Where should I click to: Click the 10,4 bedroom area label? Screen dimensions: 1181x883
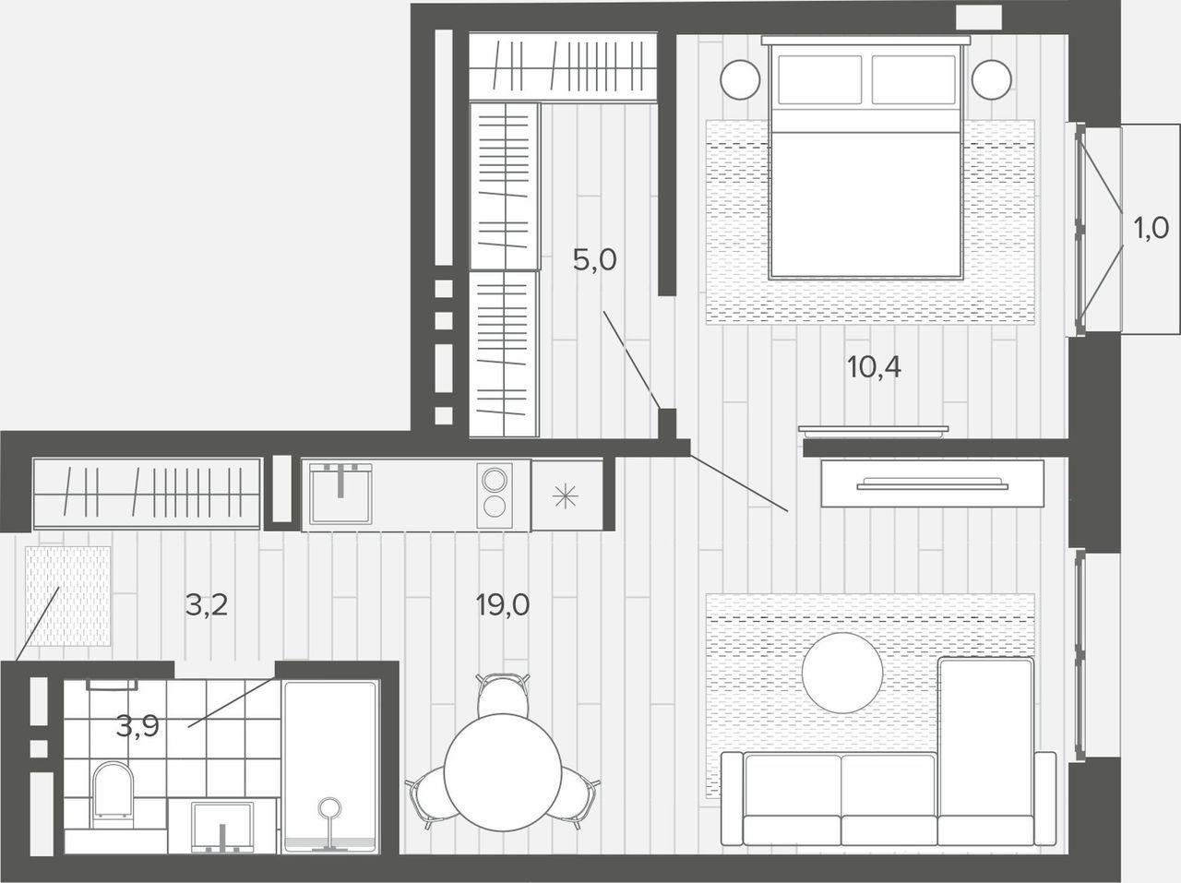click(874, 368)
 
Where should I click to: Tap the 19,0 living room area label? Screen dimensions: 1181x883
click(503, 604)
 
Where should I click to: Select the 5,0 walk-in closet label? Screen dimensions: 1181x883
click(594, 260)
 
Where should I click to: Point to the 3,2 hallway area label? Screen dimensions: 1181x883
click(207, 604)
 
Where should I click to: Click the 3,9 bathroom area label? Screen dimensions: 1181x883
click(137, 727)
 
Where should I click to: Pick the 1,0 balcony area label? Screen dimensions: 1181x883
click(1151, 228)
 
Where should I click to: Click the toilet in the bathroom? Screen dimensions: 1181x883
click(113, 794)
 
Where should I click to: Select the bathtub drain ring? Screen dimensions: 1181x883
click(329, 808)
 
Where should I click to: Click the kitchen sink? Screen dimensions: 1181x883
click(340, 494)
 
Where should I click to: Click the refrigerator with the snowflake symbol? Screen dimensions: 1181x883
click(567, 495)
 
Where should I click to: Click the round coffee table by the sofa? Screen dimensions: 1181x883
click(842, 673)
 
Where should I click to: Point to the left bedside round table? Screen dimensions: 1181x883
click(740, 79)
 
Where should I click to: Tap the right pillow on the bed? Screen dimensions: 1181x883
click(913, 79)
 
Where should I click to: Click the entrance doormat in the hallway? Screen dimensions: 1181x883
click(67, 596)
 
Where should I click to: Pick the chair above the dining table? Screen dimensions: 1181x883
click(503, 695)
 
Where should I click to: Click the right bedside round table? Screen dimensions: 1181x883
click(991, 79)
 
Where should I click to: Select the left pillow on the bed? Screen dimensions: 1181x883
click(819, 79)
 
